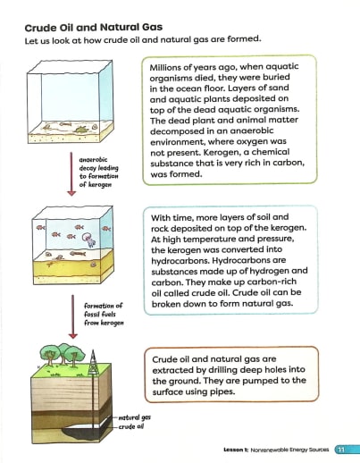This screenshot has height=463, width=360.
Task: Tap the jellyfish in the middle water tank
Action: click(x=86, y=239)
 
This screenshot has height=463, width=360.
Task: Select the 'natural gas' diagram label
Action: click(x=134, y=417)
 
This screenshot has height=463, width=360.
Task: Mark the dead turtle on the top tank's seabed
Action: click(x=81, y=130)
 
